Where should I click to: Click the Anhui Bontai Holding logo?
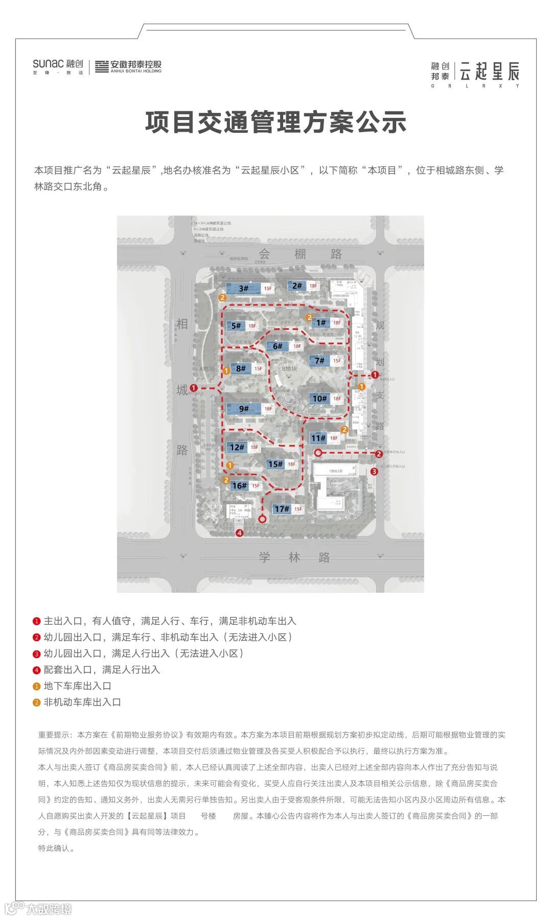tap(128, 66)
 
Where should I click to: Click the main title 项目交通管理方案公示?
tap(275, 123)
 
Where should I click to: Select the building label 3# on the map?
tap(244, 288)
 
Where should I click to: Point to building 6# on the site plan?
tap(278, 346)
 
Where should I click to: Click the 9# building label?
tap(244, 408)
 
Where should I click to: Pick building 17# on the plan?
tap(282, 509)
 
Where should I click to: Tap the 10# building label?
tap(319, 398)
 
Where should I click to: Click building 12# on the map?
tap(237, 447)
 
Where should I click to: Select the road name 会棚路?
tap(300, 254)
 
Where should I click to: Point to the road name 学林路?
tap(294, 557)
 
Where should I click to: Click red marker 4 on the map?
tap(239, 533)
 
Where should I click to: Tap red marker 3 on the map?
tap(374, 471)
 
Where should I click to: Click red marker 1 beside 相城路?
tap(193, 388)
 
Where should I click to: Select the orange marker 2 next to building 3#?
tap(222, 297)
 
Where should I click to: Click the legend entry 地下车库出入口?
tap(77, 686)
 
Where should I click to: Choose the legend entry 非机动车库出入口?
tap(82, 702)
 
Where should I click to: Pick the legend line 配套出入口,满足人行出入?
tap(101, 669)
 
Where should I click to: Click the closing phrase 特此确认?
tap(57, 848)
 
